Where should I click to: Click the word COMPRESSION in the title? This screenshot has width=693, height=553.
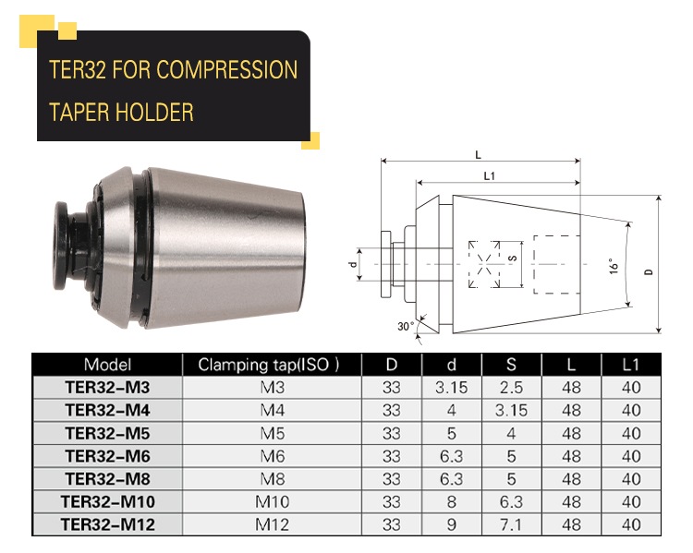click(x=226, y=70)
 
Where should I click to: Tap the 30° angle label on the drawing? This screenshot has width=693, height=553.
click(x=406, y=326)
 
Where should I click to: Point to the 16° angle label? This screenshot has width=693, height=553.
click(x=614, y=266)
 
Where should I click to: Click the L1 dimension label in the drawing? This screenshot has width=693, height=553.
click(x=489, y=175)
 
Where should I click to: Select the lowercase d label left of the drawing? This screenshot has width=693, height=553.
click(x=353, y=265)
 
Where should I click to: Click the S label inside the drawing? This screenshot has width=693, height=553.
click(x=513, y=258)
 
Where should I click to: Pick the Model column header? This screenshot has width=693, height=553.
click(x=107, y=365)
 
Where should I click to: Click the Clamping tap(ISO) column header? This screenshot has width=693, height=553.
click(x=268, y=365)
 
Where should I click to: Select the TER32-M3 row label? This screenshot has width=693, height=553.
click(x=107, y=388)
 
